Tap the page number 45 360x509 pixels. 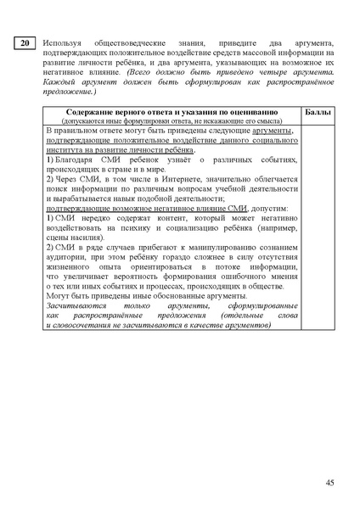coord(329,482)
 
